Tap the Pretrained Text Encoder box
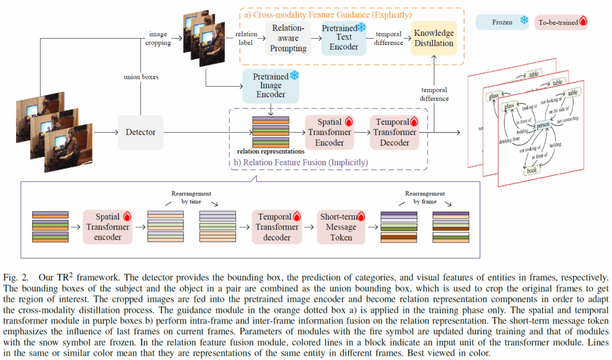click(x=344, y=37)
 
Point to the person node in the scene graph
click(x=542, y=126)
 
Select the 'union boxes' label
click(x=142, y=77)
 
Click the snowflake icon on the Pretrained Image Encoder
click(x=294, y=76)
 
